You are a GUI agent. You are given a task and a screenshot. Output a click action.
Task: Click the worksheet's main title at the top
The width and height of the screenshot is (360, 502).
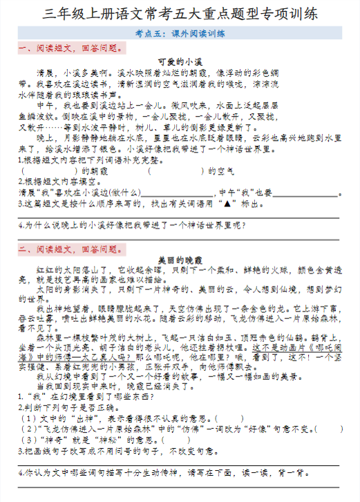coord(180,13)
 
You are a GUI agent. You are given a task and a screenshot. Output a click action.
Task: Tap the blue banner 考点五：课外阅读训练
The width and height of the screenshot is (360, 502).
coord(180,33)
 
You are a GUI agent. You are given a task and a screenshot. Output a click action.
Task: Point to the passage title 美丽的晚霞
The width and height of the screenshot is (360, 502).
coord(179,260)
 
